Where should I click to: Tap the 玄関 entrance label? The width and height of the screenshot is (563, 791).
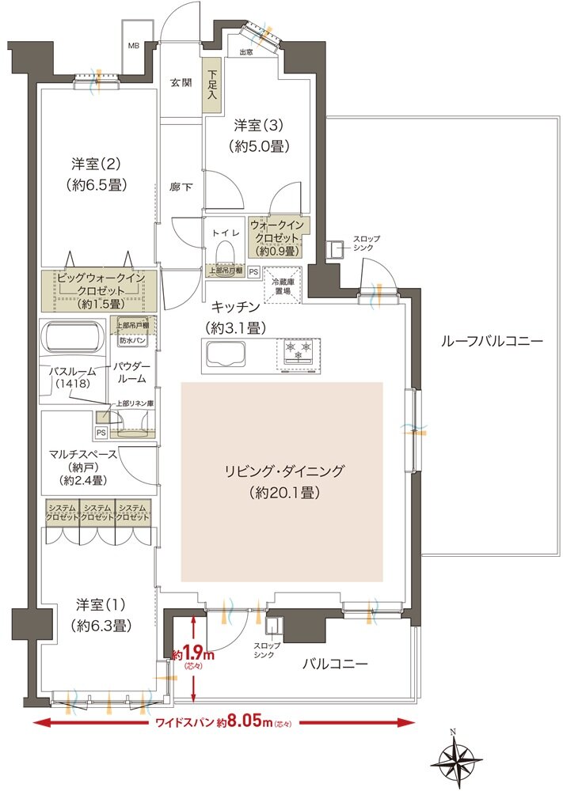181,82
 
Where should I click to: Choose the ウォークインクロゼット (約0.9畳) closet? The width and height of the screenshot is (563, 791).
278,237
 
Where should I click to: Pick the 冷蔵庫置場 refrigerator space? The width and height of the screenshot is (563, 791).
281,286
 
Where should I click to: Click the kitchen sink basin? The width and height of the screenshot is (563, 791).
224,354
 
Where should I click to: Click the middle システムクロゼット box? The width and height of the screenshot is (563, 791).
97,512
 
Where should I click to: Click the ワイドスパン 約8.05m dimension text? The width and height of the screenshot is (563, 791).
224,722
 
